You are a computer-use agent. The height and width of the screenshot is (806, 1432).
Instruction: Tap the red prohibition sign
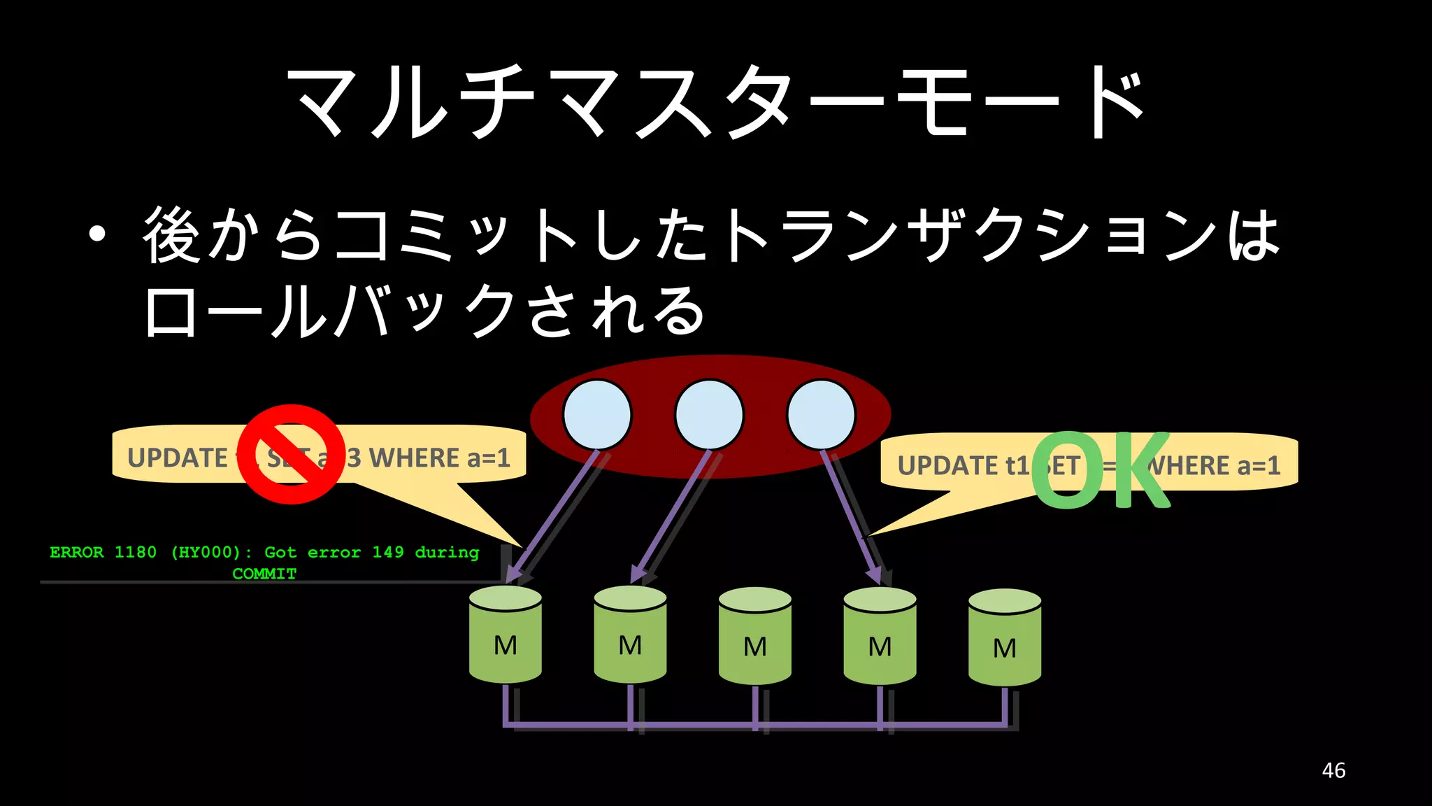[x=291, y=454]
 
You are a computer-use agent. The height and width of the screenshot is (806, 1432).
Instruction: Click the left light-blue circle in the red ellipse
[x=597, y=415]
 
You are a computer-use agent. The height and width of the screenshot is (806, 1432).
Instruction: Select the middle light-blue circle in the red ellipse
[x=709, y=415]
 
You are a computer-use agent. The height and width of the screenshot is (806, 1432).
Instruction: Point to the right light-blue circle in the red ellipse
[x=821, y=415]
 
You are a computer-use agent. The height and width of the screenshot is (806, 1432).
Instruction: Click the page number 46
[x=1333, y=770]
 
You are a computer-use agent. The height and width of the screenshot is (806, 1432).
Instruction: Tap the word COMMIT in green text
[x=264, y=574]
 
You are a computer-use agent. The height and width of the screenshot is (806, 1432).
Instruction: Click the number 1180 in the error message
[x=136, y=552]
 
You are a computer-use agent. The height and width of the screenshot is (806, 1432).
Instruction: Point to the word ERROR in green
[x=77, y=552]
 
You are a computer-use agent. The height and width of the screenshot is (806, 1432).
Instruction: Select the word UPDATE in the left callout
[x=178, y=458]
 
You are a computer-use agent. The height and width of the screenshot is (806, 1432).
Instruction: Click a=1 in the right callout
[x=1259, y=466]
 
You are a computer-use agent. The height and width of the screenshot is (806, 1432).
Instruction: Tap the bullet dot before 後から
[x=97, y=235]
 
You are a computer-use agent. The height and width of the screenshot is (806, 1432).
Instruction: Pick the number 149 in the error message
[x=388, y=552]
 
